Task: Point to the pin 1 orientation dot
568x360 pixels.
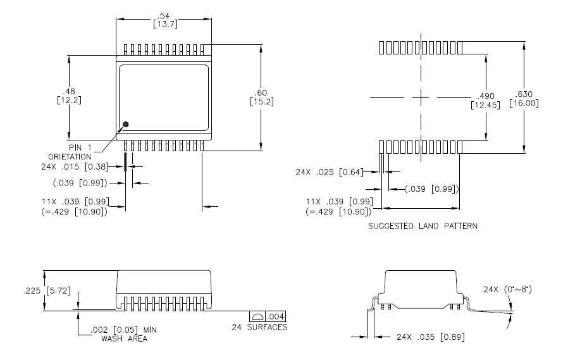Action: click(125, 124)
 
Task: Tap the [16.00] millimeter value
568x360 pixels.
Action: click(524, 103)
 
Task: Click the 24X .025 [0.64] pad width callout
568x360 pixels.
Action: click(328, 171)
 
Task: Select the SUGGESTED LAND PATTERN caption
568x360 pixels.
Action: click(423, 225)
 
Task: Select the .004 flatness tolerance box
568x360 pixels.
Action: click(276, 316)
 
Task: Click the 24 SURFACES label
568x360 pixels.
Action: click(259, 327)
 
